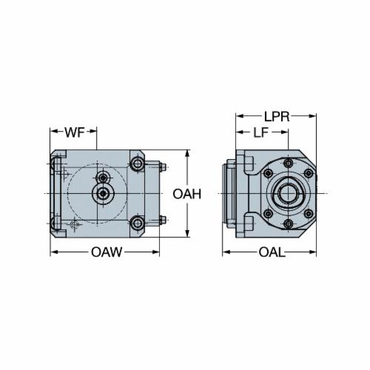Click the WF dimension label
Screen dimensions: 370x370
[x=75, y=132]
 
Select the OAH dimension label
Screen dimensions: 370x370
[x=187, y=194]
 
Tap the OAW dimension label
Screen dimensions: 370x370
[x=107, y=252]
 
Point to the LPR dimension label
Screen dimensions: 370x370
[x=277, y=116]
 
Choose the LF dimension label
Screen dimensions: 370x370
[x=261, y=132]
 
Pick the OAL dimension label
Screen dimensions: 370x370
[x=272, y=252]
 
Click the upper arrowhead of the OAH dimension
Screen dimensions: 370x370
[x=187, y=153]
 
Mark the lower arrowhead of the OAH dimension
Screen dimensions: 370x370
[x=187, y=234]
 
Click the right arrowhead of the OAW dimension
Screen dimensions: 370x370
[x=156, y=252]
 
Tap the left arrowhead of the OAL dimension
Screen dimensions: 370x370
[x=226, y=252]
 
